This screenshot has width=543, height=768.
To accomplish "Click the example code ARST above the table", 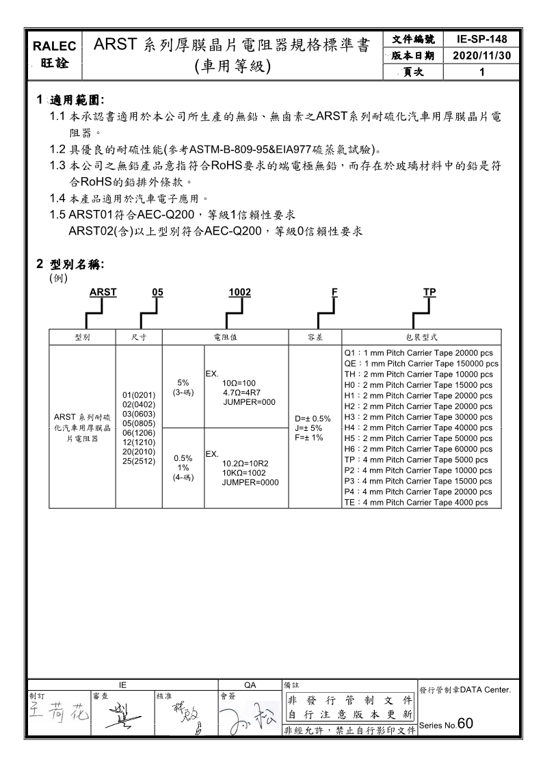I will [103, 293].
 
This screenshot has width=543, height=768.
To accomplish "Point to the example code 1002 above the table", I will [239, 293].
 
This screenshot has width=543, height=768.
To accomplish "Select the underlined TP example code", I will [429, 293].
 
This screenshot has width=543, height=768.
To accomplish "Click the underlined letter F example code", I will [334, 293].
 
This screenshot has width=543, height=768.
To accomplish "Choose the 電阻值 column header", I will [225, 337].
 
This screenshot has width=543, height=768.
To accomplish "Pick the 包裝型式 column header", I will [421, 337].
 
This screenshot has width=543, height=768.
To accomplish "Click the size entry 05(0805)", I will [140, 423].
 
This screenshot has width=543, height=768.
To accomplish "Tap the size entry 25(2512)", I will [140, 461].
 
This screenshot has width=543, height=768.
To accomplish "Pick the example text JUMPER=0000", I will [250, 482].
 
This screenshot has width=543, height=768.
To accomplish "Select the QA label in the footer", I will [250, 684].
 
